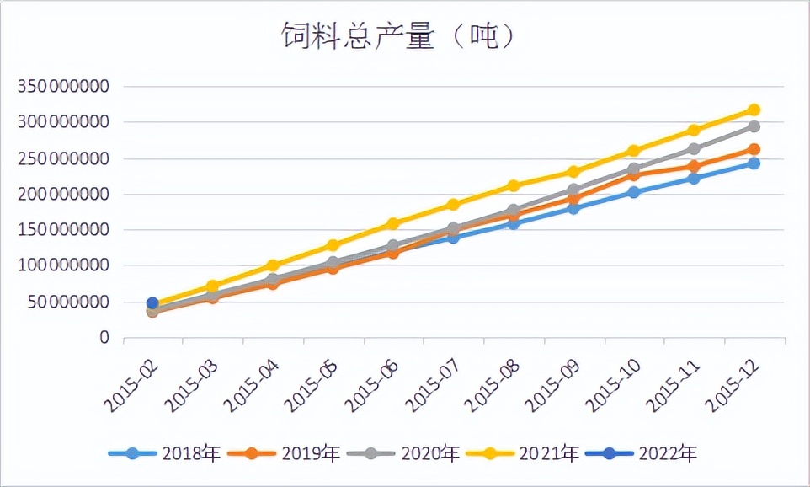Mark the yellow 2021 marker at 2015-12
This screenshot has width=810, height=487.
point(754,110)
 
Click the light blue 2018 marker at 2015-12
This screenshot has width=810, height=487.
point(754,163)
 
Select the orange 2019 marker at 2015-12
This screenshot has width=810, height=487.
point(754,150)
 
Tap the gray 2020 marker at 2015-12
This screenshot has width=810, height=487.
point(754,126)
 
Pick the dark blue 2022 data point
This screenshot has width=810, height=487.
point(152,303)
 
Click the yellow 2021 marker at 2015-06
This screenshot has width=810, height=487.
point(393,224)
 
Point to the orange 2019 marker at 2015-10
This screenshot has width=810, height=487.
point(634,175)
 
